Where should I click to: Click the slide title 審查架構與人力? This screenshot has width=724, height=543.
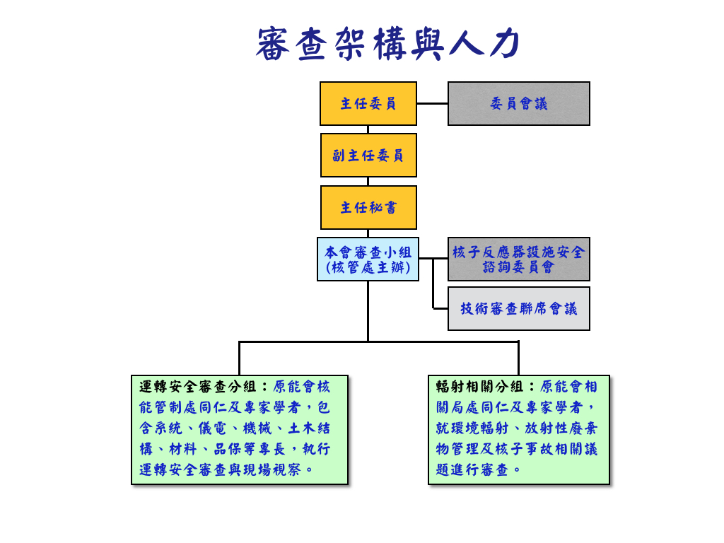388,44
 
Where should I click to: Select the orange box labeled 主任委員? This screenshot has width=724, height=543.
368,103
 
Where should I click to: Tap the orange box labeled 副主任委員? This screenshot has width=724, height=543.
368,155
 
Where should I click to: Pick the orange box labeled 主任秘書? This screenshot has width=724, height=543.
368,207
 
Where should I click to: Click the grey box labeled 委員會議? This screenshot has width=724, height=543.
518,103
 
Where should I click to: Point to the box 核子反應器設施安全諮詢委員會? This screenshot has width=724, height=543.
518,259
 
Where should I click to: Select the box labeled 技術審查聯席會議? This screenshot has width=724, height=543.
518,308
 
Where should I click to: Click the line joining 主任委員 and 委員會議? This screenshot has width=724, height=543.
432,103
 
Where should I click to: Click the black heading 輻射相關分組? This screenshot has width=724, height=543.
480,387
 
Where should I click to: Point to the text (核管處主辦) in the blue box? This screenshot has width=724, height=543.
368,268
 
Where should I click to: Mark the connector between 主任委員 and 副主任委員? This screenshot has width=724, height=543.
368,129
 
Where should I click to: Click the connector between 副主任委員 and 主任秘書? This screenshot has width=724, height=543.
368,182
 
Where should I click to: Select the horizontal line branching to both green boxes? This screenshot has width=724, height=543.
378,341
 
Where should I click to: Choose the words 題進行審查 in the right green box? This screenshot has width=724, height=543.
473,469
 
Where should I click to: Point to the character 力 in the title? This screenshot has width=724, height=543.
503,44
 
